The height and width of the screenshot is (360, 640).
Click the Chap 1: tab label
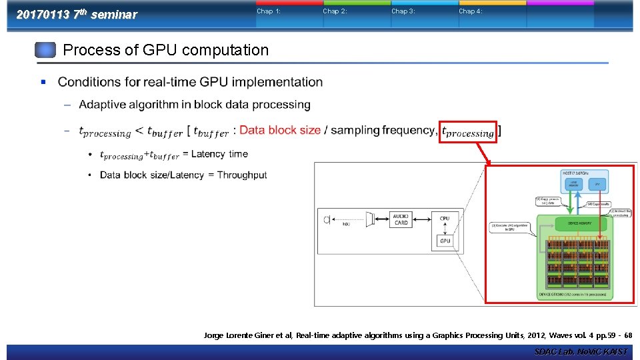coord(269,11)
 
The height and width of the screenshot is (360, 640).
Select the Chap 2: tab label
coord(335,11)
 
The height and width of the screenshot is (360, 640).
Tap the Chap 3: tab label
coord(403,11)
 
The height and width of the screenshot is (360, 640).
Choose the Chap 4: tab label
coord(470,11)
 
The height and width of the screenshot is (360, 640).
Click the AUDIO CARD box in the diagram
coord(401,219)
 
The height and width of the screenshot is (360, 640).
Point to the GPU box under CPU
coord(445,241)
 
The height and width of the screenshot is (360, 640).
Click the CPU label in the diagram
coord(445,219)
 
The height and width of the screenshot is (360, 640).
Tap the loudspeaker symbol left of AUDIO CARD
coord(370,219)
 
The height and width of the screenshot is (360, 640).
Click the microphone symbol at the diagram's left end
coord(326,219)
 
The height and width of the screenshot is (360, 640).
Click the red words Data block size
coord(280,130)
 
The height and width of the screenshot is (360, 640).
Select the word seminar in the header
coord(113,15)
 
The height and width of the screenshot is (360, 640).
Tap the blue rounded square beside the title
coord(45,51)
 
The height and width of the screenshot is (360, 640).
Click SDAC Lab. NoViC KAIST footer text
coord(580,351)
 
